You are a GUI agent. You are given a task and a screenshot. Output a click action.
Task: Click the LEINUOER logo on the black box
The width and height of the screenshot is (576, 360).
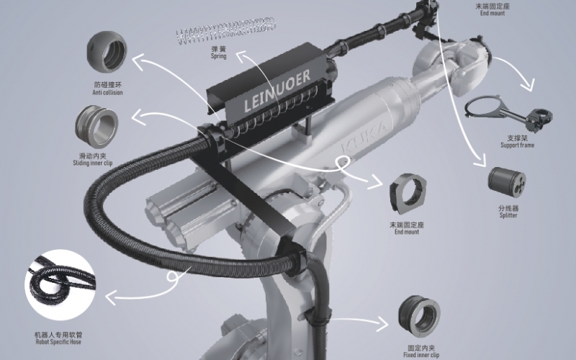click(277, 91)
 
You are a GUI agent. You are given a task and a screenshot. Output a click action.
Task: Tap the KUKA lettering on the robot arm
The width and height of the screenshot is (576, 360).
click(364, 137)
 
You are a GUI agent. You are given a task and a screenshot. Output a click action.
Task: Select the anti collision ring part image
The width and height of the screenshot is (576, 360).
click(107, 51)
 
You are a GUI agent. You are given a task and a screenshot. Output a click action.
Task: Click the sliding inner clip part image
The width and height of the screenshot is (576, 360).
click(96, 127)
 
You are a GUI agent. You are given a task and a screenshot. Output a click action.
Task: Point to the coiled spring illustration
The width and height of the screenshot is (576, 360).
click(225, 31)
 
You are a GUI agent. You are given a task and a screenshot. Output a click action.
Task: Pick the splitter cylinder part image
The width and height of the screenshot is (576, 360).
click(507, 180)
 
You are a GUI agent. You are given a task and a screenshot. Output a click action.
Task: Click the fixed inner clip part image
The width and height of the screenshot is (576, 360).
click(419, 316)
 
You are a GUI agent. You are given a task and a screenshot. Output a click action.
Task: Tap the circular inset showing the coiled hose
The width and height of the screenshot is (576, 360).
click(60, 284)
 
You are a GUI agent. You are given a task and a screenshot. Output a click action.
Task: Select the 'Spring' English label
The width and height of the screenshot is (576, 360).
click(219, 56)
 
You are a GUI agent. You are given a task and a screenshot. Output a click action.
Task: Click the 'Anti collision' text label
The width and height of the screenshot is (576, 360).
click(107, 93)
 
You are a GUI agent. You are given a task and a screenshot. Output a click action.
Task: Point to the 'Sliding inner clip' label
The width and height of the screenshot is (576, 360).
click(93, 163)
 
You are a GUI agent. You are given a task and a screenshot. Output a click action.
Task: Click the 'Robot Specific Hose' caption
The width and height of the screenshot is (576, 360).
click(58, 341)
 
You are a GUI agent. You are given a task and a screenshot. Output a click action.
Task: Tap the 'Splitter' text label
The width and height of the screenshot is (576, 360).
click(508, 215)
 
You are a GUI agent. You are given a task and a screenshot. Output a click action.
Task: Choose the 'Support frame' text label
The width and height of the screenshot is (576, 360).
click(517, 145)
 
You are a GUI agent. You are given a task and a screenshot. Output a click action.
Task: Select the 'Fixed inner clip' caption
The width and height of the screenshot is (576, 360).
click(421, 355)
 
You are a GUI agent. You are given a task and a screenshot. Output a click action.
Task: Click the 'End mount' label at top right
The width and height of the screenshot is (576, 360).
click(492, 13)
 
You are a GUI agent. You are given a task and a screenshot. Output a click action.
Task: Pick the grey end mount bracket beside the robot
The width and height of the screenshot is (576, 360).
click(408, 194)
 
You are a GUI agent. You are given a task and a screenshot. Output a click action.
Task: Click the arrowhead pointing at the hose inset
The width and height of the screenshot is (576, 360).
click(111, 297)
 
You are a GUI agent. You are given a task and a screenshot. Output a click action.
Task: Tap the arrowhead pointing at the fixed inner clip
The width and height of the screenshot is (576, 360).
click(383, 323)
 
